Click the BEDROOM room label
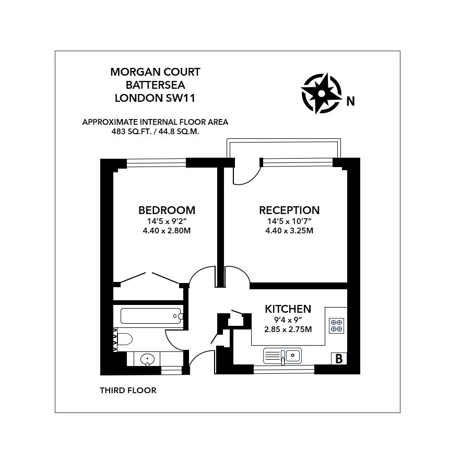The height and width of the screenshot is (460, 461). pos(167,210)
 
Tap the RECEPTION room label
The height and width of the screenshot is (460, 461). pos(289,210)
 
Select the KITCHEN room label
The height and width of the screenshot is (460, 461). pos(288,309)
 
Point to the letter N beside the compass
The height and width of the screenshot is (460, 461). pos(351,101)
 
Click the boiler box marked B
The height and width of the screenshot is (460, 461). pos(339,359)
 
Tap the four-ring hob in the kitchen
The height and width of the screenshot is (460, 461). pos(336,326)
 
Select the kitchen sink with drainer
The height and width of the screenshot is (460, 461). pos(282,356)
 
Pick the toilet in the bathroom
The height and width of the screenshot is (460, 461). pos(123,339)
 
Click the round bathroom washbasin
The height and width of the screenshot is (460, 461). pos(148,359)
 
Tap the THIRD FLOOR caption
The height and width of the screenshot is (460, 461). pos(128,390)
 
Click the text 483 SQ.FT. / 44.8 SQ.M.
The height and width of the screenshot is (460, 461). pos(155,132)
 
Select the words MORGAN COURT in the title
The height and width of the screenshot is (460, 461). pos(155,72)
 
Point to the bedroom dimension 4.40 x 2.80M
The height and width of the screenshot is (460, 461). pos(167,230)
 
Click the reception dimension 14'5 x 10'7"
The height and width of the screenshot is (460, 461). pos(289,221)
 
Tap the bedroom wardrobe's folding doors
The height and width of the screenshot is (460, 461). pos(150,278)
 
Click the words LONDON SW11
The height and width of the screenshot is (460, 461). pos(155,97)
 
